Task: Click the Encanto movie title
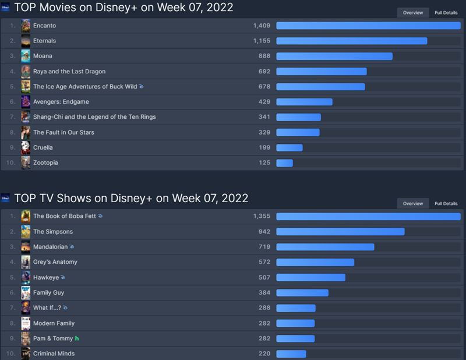click(x=44, y=26)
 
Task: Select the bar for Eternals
click(x=351, y=41)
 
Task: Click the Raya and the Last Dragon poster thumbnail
click(x=26, y=71)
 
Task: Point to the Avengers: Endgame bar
click(x=304, y=102)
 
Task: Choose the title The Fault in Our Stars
click(x=63, y=132)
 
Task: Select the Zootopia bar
click(x=284, y=163)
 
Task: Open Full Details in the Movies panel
click(x=446, y=13)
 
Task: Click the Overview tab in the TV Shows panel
click(x=413, y=203)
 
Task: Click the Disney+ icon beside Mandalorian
click(x=72, y=247)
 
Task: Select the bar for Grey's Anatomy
click(x=315, y=262)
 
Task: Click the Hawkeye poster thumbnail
click(x=26, y=277)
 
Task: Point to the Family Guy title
click(x=48, y=292)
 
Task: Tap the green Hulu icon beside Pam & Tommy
click(x=77, y=338)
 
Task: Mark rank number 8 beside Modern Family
click(x=12, y=323)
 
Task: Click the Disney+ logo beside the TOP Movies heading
click(x=6, y=8)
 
